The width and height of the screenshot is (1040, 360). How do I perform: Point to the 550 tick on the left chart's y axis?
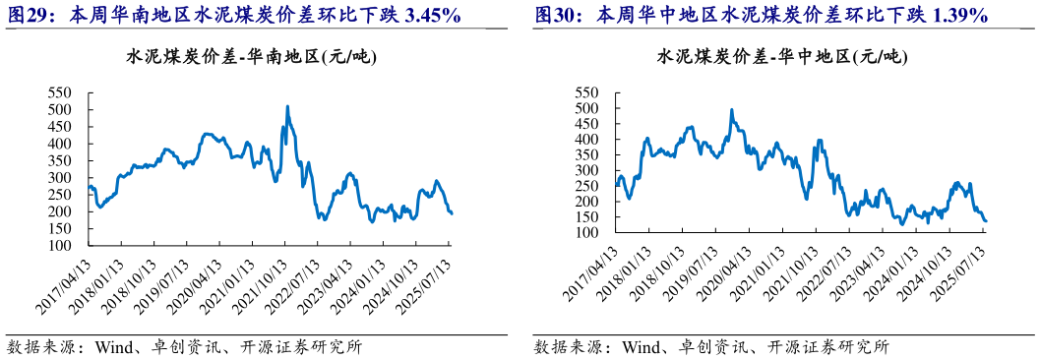point(60,91)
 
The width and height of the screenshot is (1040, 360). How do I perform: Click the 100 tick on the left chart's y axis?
point(60,245)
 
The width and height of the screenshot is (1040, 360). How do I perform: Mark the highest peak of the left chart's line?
point(287,106)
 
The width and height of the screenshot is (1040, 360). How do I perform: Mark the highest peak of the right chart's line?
point(731,110)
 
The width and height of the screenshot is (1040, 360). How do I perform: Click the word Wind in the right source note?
point(641,346)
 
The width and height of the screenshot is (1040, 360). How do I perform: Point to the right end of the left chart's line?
point(452,213)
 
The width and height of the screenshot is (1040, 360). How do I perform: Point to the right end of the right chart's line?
point(986,221)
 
